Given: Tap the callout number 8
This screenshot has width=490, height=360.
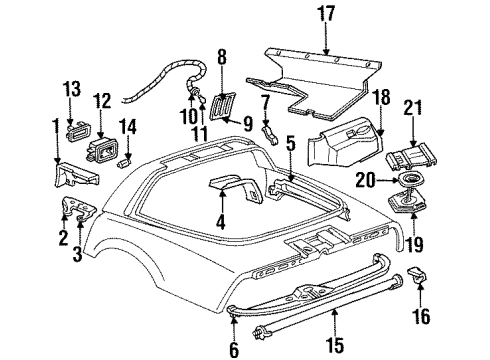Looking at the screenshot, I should point(222,57).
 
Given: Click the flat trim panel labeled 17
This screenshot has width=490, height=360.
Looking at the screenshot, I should point(320,80).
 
